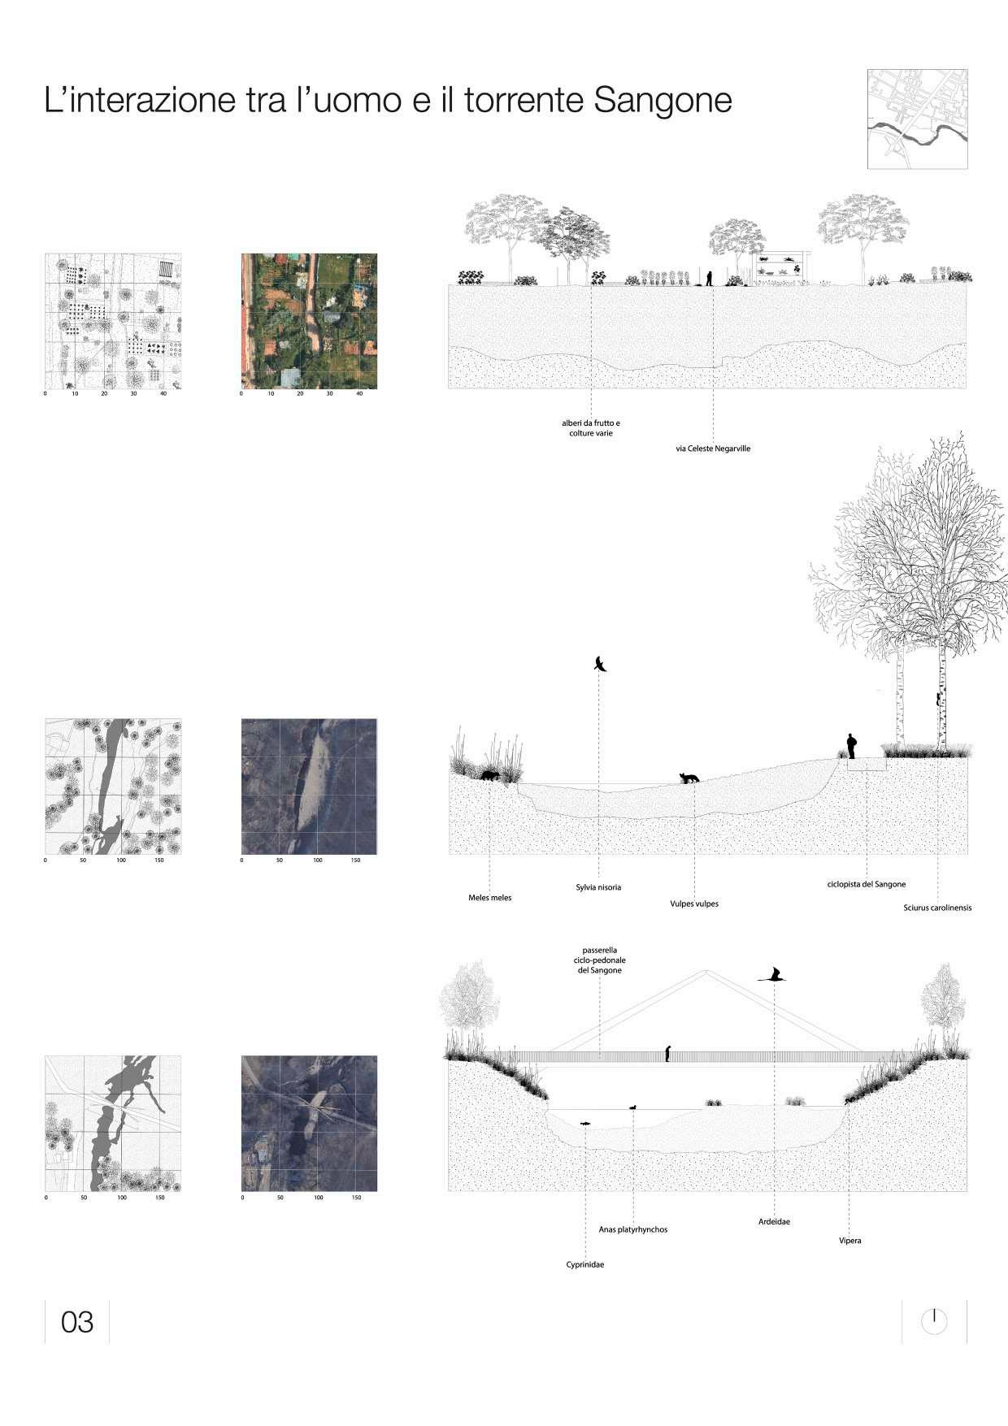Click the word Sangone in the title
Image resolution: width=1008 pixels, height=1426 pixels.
coord(663,101)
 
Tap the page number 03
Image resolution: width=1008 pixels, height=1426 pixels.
coord(77,1322)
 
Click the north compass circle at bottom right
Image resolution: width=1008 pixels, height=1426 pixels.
coord(934,1321)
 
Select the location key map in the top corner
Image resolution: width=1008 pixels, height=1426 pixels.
coord(917,119)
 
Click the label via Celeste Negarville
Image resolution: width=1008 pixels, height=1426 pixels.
coord(713,449)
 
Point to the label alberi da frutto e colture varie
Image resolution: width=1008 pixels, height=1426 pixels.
coord(591,428)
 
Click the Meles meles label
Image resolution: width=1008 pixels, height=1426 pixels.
coord(490,898)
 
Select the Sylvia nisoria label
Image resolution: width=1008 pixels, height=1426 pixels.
coord(598,887)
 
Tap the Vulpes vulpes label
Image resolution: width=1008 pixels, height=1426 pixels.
coord(694,904)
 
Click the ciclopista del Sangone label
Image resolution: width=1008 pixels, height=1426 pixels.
coord(867,884)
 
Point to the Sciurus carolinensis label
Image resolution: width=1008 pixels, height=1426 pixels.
coord(937,908)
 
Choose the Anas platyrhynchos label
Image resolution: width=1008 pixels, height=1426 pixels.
coord(633,1229)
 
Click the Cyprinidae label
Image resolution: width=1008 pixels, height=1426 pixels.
coord(585,1264)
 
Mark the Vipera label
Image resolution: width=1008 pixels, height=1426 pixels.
coord(850,1241)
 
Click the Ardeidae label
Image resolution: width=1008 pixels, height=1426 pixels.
coord(774,1221)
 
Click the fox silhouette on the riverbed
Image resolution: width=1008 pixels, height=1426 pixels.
coord(689,778)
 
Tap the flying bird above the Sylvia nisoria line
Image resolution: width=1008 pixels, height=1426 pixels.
coord(601,664)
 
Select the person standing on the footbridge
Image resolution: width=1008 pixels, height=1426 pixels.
coord(667,1053)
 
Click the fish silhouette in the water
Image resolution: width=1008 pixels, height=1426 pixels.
coord(585,1124)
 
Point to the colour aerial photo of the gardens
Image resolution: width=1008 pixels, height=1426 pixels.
coord(309,321)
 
